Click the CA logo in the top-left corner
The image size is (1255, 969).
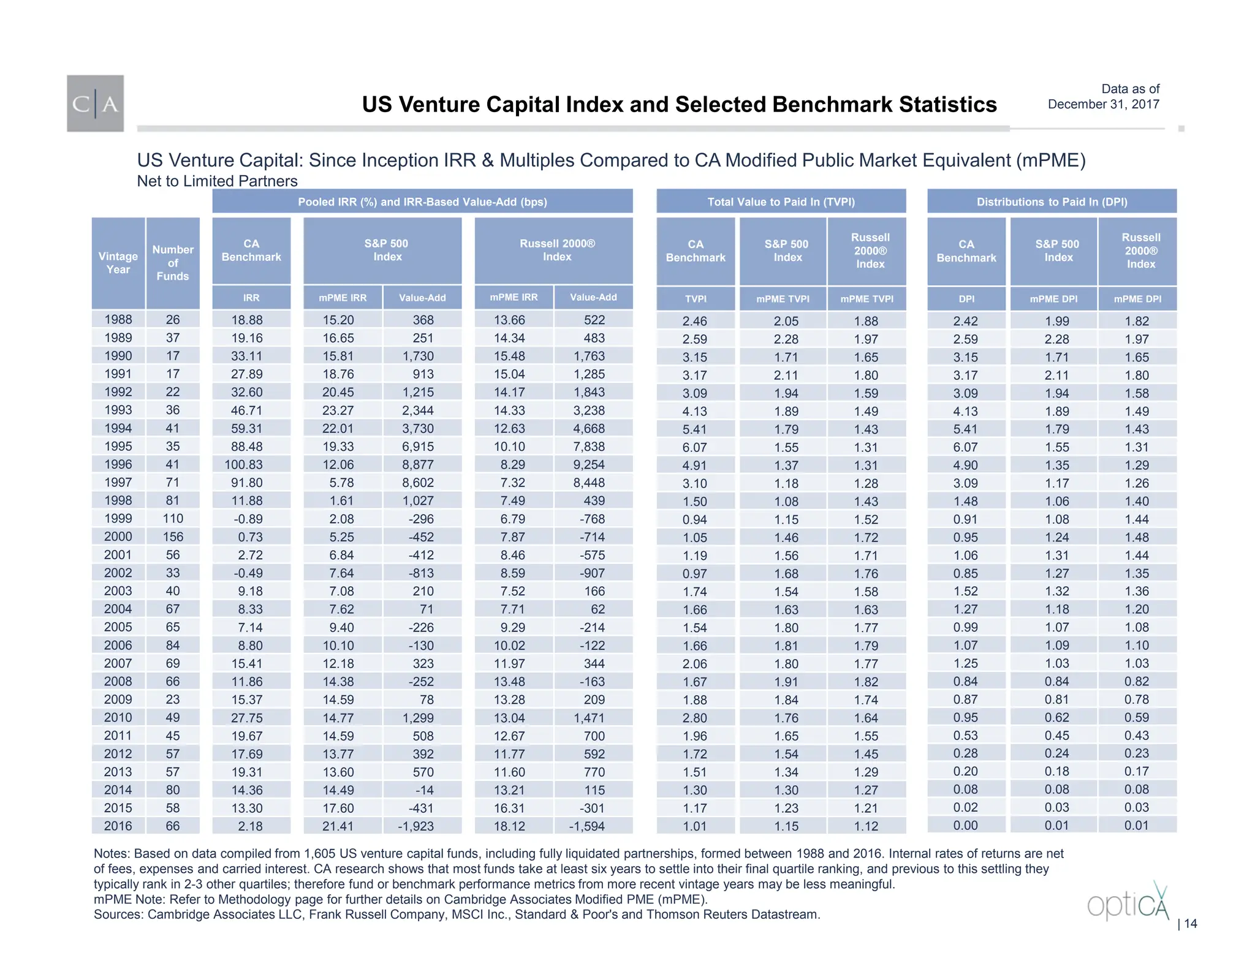tap(95, 103)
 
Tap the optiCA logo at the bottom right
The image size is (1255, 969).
tap(1128, 902)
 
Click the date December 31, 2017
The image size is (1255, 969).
tap(1103, 104)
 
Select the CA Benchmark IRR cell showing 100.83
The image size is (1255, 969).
tap(251, 465)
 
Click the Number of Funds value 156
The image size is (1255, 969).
tap(173, 537)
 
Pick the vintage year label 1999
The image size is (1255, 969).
tap(118, 519)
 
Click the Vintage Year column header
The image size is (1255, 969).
tap(118, 263)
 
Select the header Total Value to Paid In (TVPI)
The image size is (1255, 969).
tap(781, 202)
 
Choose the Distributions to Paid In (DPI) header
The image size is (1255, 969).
tap(1052, 202)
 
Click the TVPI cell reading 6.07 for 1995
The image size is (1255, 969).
tap(694, 448)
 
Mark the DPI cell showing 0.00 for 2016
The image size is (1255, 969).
tap(965, 826)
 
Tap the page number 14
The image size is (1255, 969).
tap(1190, 924)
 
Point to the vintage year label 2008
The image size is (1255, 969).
tap(118, 681)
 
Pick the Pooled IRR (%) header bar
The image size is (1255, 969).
tap(422, 202)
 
